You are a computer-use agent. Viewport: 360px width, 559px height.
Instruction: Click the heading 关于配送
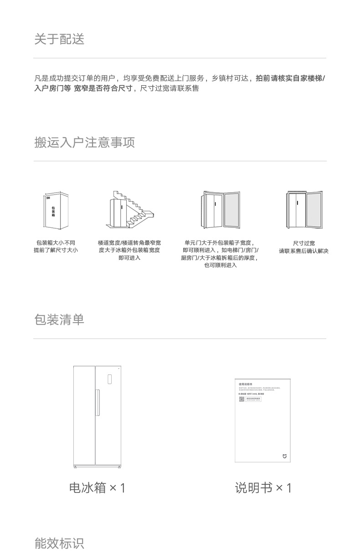[59, 39]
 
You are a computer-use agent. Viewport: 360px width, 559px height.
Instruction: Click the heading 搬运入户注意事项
[84, 143]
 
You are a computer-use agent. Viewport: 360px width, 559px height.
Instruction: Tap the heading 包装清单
[59, 320]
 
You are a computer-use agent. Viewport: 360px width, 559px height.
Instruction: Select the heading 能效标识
[59, 543]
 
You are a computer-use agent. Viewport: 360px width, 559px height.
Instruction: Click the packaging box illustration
[57, 211]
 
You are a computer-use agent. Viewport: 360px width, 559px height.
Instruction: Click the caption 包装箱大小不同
[56, 243]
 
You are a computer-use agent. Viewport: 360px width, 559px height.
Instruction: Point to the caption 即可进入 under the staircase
[129, 258]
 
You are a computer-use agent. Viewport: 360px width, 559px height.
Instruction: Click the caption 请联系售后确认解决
[303, 251]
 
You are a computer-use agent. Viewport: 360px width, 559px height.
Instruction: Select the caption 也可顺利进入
[221, 265]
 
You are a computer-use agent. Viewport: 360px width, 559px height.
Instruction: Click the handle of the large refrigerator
[97, 402]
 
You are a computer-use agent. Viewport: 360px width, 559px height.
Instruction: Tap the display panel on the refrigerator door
[109, 379]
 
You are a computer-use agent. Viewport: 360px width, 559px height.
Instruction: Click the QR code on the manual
[242, 399]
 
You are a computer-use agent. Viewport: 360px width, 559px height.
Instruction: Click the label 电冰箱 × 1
[97, 488]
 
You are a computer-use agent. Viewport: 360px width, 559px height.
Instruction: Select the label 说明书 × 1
[263, 488]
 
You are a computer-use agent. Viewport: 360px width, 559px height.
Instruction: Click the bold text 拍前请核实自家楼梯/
[290, 78]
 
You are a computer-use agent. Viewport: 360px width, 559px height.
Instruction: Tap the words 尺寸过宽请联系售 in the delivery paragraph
[169, 88]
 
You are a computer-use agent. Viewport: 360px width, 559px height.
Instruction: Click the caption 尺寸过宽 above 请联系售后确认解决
[303, 243]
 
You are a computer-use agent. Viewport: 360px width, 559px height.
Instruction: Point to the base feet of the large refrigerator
[97, 467]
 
